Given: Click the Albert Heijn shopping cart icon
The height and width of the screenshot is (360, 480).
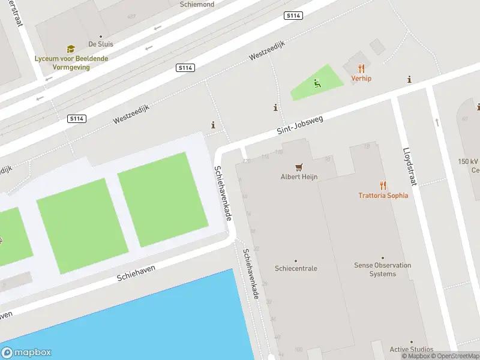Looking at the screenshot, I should tap(299, 167).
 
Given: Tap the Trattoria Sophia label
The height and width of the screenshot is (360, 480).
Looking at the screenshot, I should tap(383, 196).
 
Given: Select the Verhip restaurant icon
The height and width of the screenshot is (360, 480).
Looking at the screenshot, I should tap(361, 68).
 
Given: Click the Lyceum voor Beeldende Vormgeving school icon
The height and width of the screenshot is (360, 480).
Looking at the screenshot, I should tap(71, 49).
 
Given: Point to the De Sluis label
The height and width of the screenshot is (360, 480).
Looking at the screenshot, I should tap(100, 44).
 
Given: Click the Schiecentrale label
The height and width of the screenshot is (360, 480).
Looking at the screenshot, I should tap(296, 268).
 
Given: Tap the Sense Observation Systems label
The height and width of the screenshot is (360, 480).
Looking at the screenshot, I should tap(383, 269).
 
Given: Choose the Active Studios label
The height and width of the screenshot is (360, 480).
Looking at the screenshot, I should tap(411, 349).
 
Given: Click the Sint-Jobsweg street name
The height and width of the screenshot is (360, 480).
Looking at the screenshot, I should tap(300, 125).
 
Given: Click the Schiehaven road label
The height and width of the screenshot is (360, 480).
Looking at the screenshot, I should tap(137, 274).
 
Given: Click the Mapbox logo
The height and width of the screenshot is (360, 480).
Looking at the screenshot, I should tap(26, 353).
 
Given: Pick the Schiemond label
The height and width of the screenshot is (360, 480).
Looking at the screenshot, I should tap(197, 4).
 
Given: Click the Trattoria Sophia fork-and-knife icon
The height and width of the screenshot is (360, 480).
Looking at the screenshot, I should tap(383, 185).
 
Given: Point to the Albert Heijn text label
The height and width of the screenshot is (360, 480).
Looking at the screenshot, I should tap(299, 177).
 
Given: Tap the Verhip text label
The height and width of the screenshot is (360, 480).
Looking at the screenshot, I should tap(361, 79).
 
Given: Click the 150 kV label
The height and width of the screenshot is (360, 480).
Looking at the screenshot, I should tap(468, 162).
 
